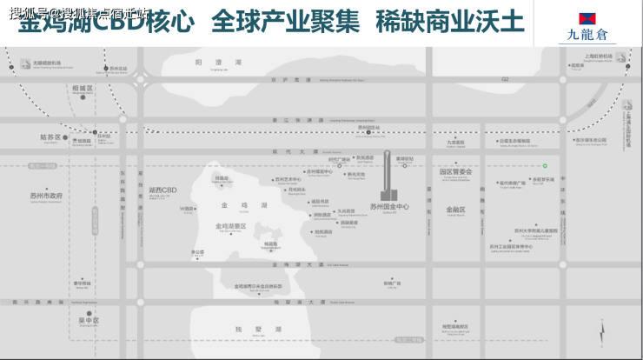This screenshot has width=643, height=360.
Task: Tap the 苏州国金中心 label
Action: (388, 206)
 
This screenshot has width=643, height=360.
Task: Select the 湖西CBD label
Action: (162, 189)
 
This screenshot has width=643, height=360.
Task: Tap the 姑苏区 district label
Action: (50, 137)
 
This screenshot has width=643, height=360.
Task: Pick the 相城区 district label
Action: (83, 88)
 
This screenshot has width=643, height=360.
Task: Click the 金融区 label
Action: (455, 210)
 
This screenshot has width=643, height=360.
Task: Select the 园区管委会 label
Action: (455, 172)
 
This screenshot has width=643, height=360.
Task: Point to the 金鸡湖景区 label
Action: (231, 226)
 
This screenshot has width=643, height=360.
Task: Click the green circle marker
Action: (546, 165)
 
